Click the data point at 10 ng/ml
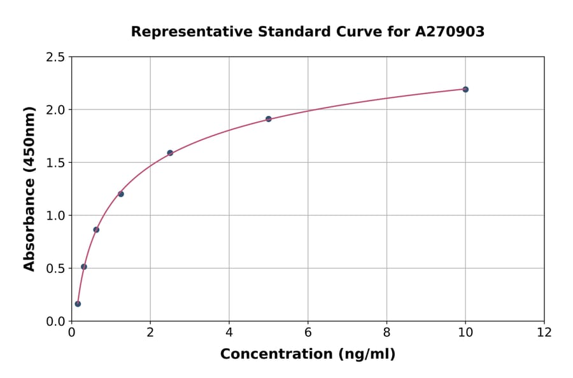pos(465,89)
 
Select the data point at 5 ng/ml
pos(269,119)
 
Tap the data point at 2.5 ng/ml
pos(170,153)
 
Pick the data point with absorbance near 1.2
pos(121,194)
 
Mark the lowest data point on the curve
pos(78,304)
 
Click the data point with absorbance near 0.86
pos(96,230)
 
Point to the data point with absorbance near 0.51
pos(84,267)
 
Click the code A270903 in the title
pos(449,31)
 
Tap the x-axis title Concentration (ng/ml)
pos(308,354)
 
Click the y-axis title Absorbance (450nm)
pos(29,188)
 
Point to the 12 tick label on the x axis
pos(544,332)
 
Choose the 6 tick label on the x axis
pos(308,332)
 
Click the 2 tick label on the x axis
pos(150,332)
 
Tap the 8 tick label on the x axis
pos(386,332)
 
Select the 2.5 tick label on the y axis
pos(55,57)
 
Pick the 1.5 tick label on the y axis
pos(55,163)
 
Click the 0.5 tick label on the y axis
pos(55,269)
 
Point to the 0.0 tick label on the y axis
pos(55,321)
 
